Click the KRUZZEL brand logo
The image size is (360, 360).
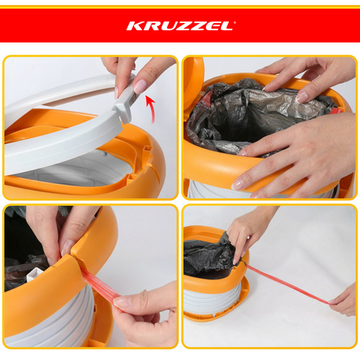tap(181, 26)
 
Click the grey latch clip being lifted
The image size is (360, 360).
tap(125, 102)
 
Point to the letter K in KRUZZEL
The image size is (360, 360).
tap(135, 26)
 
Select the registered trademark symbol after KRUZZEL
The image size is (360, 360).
tap(235, 22)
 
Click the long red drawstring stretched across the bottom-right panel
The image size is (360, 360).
tap(288, 283)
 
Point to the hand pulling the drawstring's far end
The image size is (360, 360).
tap(343, 301)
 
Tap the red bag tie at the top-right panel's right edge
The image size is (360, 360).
tap(336, 110)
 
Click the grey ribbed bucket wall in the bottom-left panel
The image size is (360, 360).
tap(52, 319)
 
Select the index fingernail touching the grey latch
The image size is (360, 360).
tap(140, 86)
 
